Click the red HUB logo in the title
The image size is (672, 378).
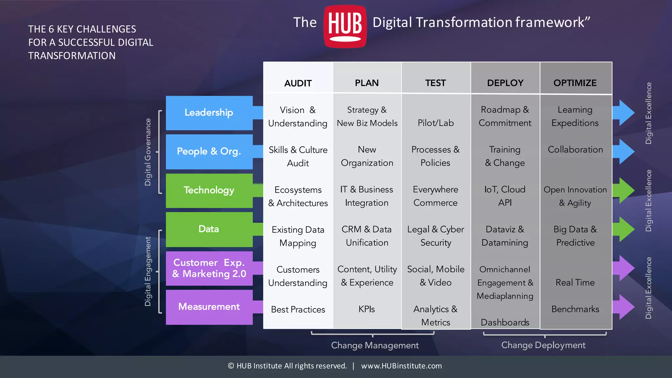[x=345, y=26]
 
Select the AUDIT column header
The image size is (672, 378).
[x=298, y=83]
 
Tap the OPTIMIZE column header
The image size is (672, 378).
[x=575, y=83]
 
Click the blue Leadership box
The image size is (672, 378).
[x=209, y=113]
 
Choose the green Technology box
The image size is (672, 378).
[x=209, y=190]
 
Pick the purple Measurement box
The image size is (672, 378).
[x=209, y=307]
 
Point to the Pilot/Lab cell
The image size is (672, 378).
[x=435, y=123]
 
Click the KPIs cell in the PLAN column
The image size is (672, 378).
[x=367, y=309]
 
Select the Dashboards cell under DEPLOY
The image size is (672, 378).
[x=505, y=322]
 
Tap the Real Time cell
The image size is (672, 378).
[x=575, y=283]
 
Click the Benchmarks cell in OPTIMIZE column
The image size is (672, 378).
[x=575, y=309]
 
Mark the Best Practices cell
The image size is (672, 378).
[x=298, y=309]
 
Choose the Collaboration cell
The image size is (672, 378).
[x=575, y=150]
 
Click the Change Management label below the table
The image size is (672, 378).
[x=375, y=345]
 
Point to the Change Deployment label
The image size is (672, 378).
[x=543, y=345]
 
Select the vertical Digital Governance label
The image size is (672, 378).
[x=148, y=152]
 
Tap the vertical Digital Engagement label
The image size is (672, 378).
[x=148, y=271]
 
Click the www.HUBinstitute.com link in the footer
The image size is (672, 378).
[x=401, y=366]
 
